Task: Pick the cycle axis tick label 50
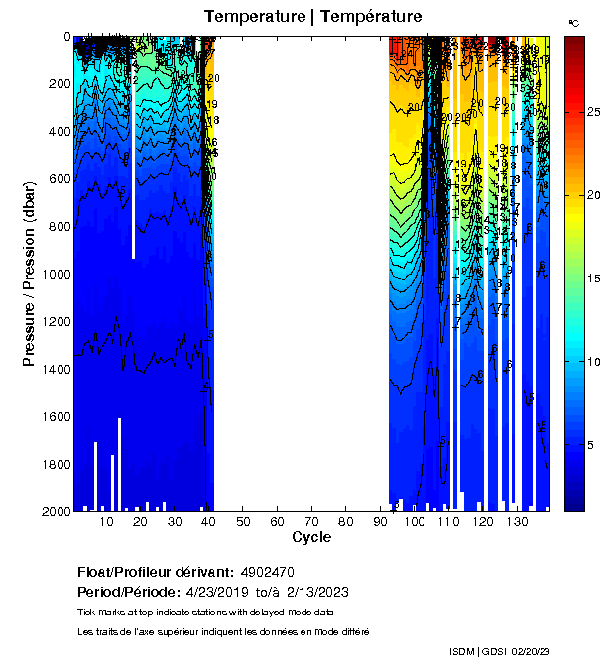[243, 522]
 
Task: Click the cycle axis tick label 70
[310, 522]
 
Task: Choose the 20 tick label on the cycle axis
[140, 522]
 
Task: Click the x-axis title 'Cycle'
[311, 537]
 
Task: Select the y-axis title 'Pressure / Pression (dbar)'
[30, 274]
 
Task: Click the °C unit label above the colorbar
[573, 22]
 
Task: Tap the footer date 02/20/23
[532, 651]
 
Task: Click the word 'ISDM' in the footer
[462, 651]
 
